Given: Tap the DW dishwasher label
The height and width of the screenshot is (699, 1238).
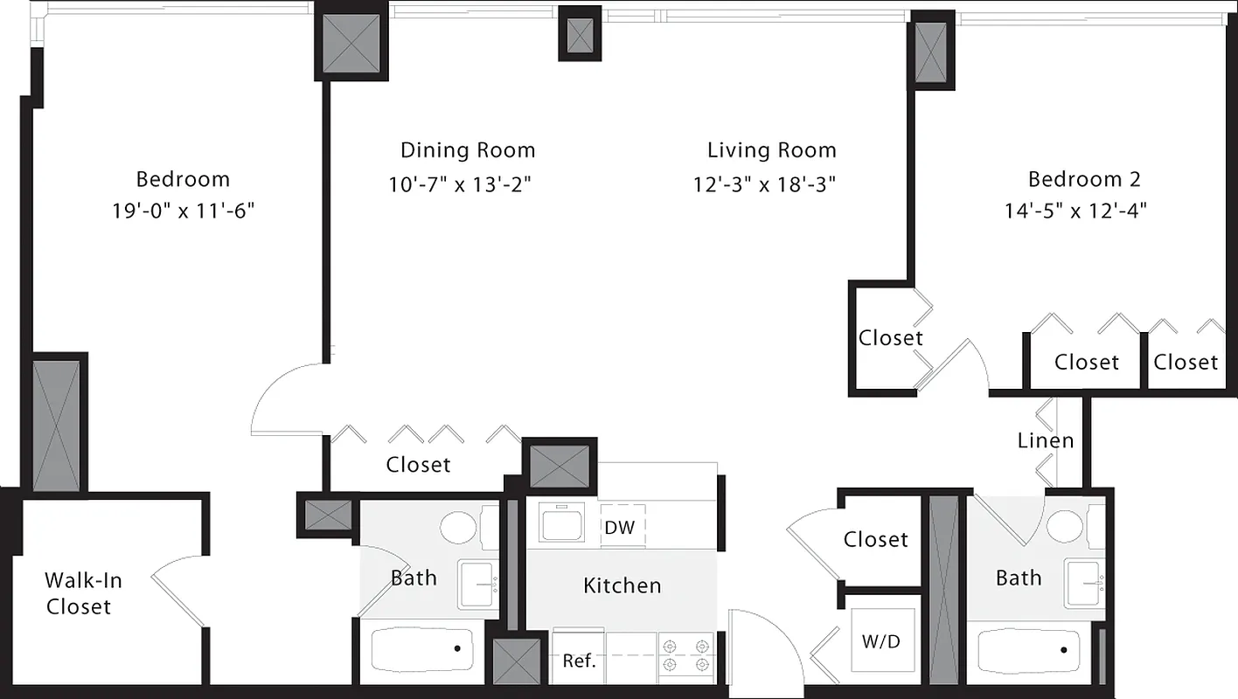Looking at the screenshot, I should (x=619, y=527).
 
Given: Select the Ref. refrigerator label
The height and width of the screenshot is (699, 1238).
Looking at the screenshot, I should (x=579, y=661).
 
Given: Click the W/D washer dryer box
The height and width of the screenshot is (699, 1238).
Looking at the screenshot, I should (x=882, y=641).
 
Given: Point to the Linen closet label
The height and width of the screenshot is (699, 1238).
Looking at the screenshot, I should (x=1045, y=440).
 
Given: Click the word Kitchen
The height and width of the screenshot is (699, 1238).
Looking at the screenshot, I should (x=622, y=585).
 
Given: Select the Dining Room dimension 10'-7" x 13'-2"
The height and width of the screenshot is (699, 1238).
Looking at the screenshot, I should (x=461, y=184).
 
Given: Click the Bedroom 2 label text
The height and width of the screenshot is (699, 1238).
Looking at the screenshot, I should (x=1084, y=179).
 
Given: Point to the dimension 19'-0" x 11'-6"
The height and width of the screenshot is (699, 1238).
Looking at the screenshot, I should (x=183, y=211).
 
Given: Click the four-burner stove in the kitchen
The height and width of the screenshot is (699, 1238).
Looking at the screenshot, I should (x=686, y=655).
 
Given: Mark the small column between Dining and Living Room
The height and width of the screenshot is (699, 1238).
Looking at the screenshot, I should (x=580, y=34).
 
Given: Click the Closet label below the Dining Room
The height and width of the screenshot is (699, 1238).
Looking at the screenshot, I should (x=418, y=465).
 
